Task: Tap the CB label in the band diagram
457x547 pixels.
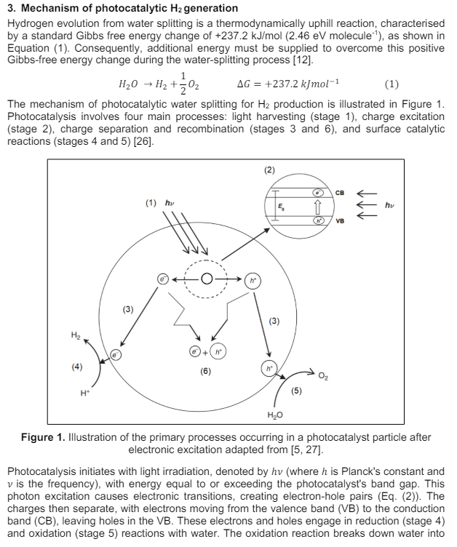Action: pos(340,192)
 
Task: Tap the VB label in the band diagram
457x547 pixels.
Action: pos(340,220)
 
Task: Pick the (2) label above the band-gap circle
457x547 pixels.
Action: pos(270,170)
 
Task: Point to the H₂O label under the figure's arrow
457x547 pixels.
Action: pos(274,415)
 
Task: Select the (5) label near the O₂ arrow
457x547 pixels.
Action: pos(296,391)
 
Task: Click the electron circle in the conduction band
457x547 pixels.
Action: pos(317,193)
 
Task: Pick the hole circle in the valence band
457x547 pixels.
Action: pos(317,219)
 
